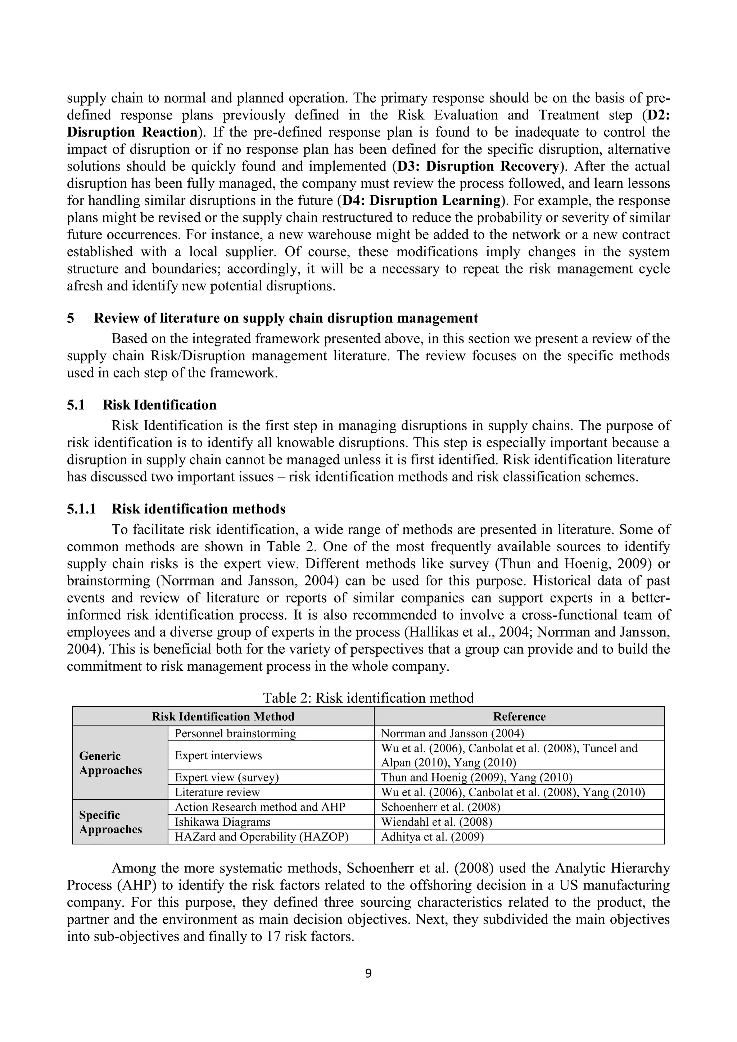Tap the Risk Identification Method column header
pyautogui.click(x=223, y=717)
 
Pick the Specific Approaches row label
pyautogui.click(x=111, y=822)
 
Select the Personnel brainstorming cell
pyautogui.click(x=235, y=733)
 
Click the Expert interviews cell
pyautogui.click(x=218, y=755)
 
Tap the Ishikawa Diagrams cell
pyautogui.click(x=222, y=822)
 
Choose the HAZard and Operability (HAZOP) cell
pyautogui.click(x=261, y=837)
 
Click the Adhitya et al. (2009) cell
pyautogui.click(x=432, y=837)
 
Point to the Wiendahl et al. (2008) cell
pyautogui.click(x=436, y=822)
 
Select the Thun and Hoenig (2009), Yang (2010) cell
pyautogui.click(x=476, y=778)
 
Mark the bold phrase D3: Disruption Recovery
pyautogui.click(x=478, y=167)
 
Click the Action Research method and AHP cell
pyautogui.click(x=260, y=807)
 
